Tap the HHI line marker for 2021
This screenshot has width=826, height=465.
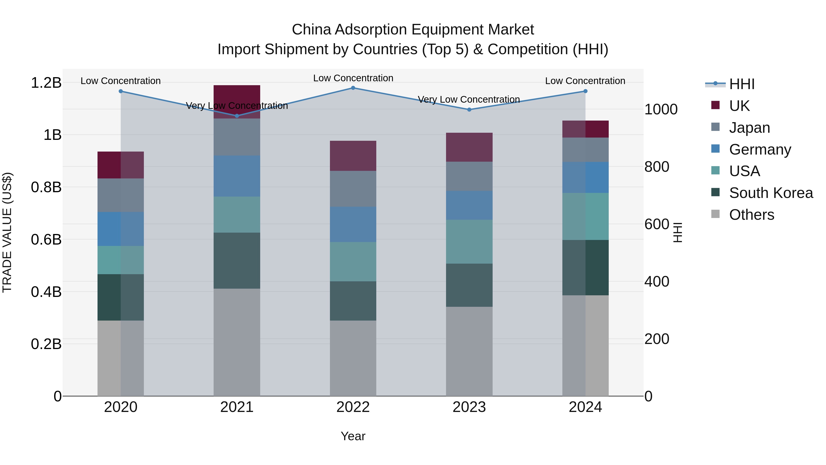(237, 116)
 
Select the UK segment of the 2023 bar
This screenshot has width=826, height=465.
(469, 147)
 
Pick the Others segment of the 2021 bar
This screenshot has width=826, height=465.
(237, 342)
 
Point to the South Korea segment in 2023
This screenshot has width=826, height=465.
(469, 285)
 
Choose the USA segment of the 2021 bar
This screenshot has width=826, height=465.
(237, 214)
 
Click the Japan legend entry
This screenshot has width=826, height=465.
(749, 128)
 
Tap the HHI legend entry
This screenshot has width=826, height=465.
(741, 85)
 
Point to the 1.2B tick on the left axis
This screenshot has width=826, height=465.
(46, 83)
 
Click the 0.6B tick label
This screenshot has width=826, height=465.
(46, 240)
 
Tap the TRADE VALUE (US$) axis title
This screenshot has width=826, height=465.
(7, 232)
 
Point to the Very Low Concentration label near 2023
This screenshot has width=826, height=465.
(469, 99)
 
